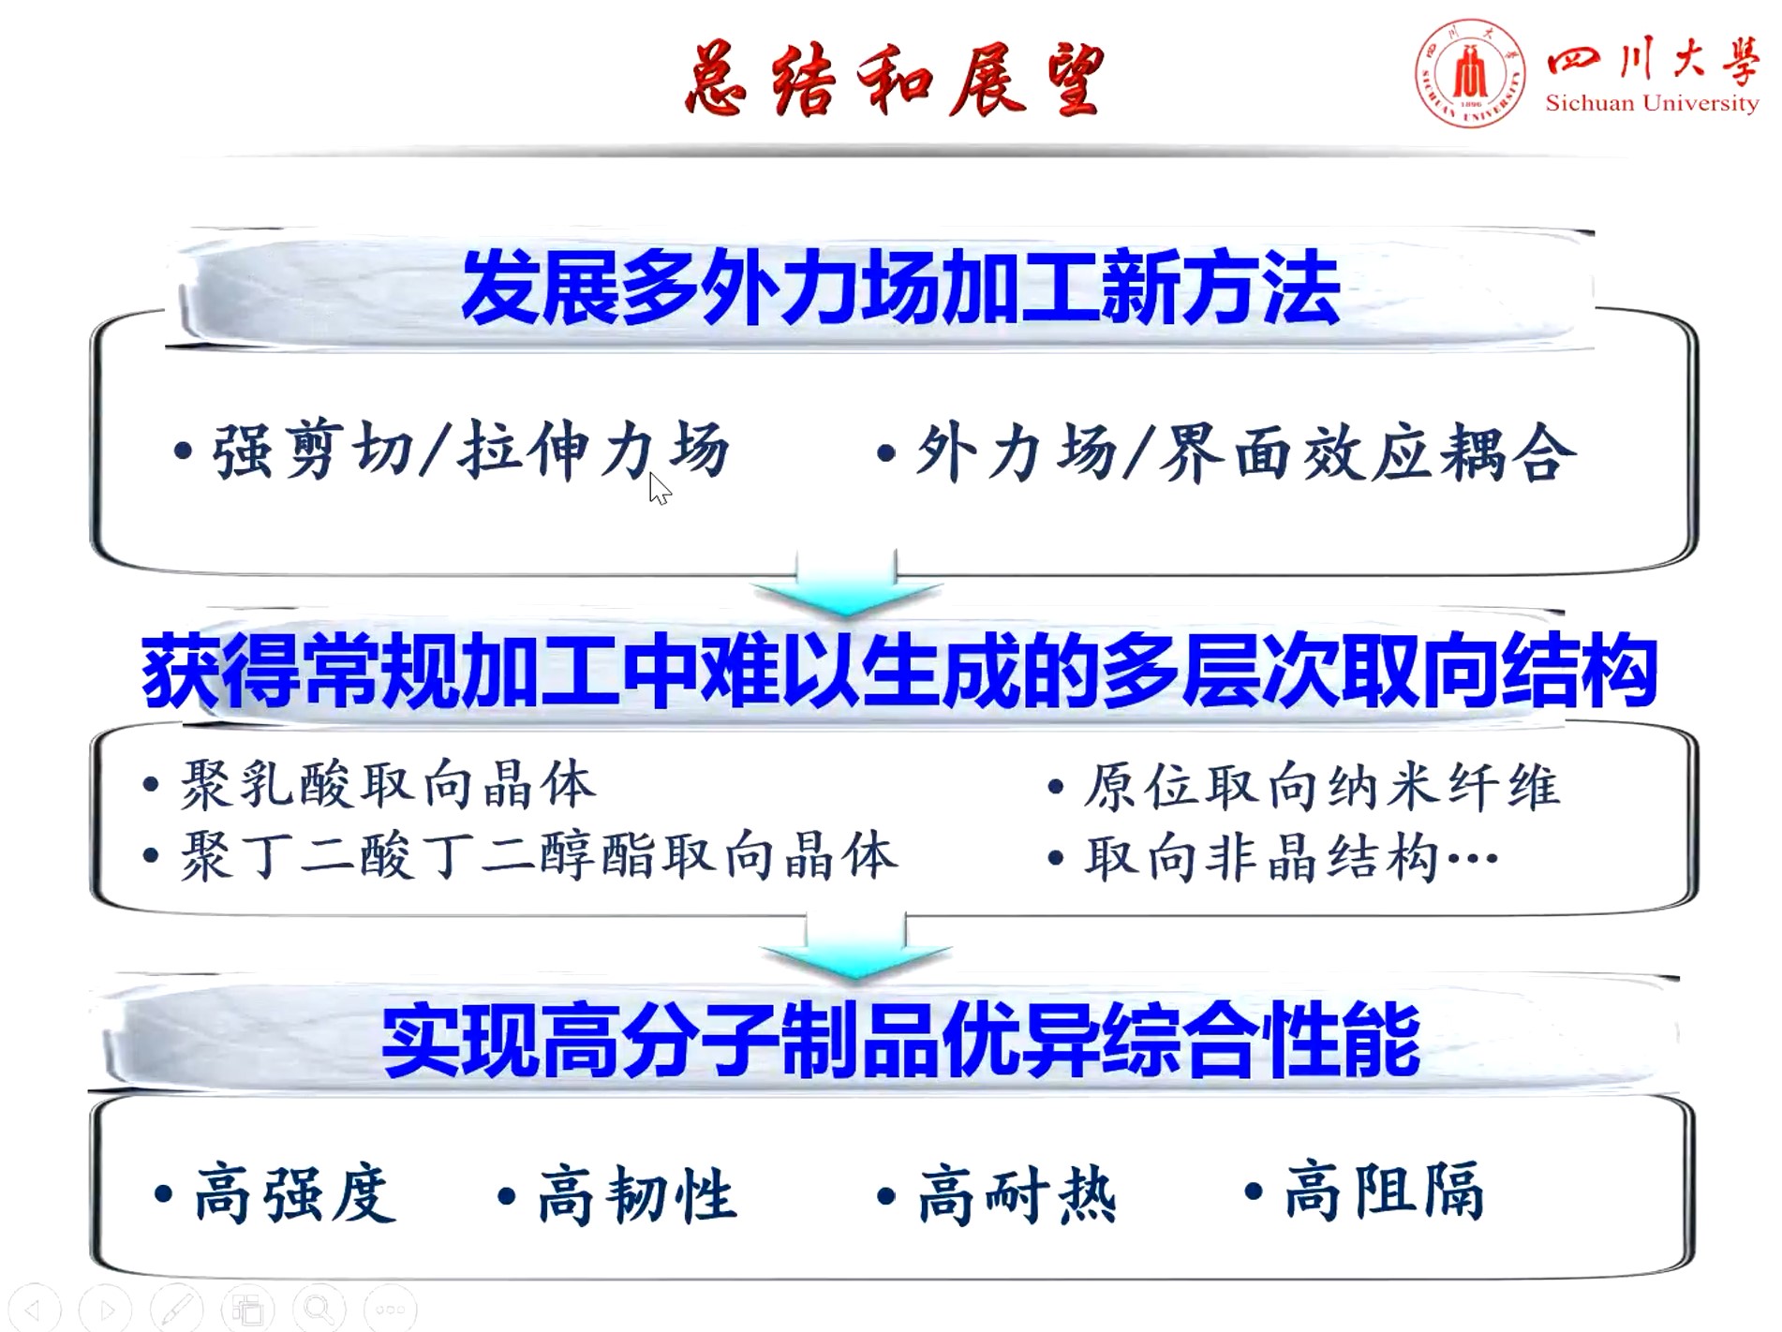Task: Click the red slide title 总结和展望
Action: coord(895,80)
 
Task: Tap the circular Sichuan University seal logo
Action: coord(1470,74)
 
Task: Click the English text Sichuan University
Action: coord(1652,103)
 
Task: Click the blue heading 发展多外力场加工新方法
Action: coord(900,288)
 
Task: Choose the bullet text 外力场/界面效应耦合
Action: coord(1245,452)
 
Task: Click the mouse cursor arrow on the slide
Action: coord(660,488)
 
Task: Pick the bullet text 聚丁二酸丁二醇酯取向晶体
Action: coord(539,854)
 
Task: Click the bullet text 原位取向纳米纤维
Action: coord(1322,786)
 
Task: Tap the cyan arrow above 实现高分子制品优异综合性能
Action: coord(856,946)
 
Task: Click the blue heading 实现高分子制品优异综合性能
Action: coord(900,1040)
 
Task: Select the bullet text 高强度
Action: coord(295,1193)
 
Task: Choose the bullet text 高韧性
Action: coord(638,1195)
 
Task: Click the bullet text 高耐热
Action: coord(1017,1195)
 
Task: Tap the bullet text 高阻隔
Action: coord(1384,1191)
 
